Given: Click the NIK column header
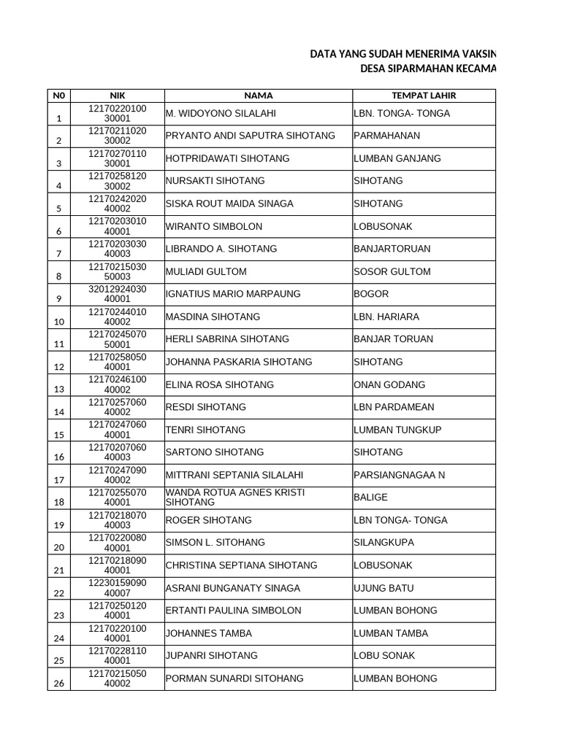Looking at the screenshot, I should point(118,96).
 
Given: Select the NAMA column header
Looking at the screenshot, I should point(259,96).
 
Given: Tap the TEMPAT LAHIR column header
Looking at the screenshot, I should point(424,96).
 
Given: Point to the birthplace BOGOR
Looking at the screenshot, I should point(372,295).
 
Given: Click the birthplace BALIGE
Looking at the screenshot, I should point(371,498).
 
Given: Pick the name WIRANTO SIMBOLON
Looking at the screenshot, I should point(214,227).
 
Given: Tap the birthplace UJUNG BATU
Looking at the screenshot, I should point(383,588).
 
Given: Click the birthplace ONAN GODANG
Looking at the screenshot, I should point(389,384).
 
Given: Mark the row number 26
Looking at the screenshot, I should point(59,684).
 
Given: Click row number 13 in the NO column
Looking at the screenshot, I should point(59,390).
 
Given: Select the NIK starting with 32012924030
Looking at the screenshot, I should point(118,294).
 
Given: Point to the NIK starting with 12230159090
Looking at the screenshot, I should point(118,588).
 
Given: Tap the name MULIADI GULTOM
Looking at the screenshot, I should point(207,272).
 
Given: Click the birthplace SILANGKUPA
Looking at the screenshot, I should point(384,543).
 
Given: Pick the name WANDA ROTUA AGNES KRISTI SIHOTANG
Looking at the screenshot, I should point(235,498).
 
